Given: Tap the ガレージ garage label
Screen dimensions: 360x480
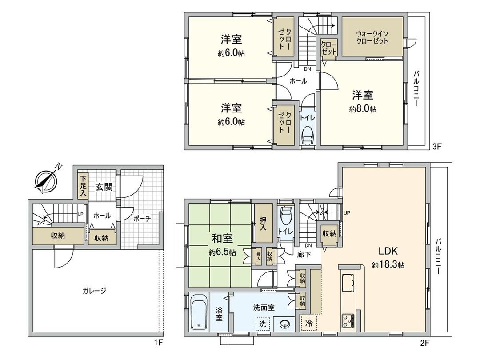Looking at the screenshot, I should (94, 291).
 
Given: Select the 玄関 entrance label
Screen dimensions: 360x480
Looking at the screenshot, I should (104, 187).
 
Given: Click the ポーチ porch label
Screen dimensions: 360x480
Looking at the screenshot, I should (142, 218).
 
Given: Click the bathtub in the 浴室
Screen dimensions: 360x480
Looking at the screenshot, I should (199, 312).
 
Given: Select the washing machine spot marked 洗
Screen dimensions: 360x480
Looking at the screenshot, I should (263, 324).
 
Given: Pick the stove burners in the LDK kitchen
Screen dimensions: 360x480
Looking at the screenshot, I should (347, 320).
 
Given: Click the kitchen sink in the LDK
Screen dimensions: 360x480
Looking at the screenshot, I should (347, 283).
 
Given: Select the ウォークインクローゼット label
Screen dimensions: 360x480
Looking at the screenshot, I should (372, 37).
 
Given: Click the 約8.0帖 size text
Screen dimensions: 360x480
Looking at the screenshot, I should (363, 109).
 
